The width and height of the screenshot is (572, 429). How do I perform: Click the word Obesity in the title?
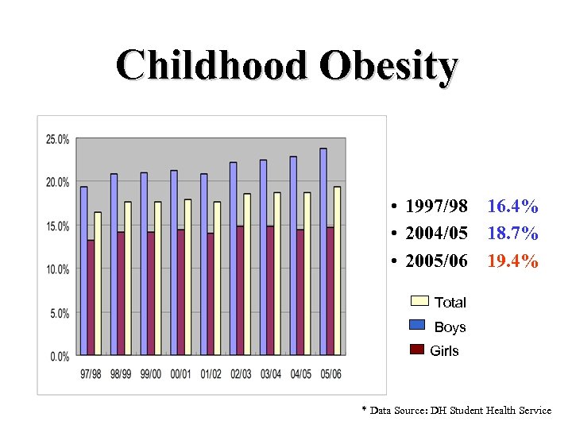[x=388, y=66]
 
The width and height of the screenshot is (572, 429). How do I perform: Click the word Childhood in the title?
[x=211, y=66]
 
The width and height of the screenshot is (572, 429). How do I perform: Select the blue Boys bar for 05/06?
[x=323, y=251]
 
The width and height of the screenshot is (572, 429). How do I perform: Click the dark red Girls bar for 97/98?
[x=91, y=297]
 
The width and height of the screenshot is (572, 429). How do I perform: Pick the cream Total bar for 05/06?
[x=338, y=270]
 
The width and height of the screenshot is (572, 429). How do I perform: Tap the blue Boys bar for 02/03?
[x=233, y=258]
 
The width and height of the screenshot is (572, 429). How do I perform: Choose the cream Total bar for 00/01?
[x=187, y=276]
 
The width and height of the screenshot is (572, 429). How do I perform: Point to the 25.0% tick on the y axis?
[x=57, y=140]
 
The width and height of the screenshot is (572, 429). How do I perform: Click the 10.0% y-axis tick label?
[x=57, y=270]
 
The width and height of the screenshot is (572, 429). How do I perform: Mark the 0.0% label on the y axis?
[x=60, y=357]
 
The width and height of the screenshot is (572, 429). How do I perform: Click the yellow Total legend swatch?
[x=419, y=301]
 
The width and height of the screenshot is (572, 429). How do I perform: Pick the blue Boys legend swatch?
[x=419, y=324]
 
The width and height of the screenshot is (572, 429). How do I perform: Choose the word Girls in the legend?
[x=444, y=351]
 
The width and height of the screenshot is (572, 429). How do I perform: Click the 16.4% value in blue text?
[x=512, y=207]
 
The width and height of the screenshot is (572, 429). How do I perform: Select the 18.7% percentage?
[x=512, y=234]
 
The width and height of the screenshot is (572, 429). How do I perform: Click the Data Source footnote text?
[x=456, y=411]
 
